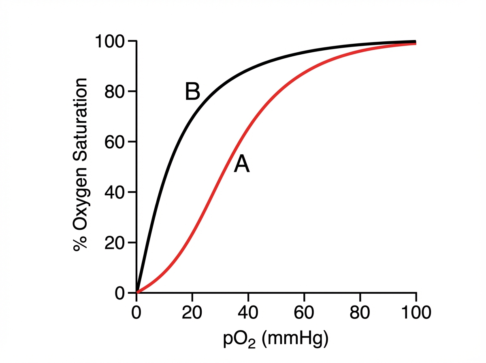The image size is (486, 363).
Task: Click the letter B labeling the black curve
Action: coord(192,92)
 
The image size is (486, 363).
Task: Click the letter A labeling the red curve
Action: coord(242,165)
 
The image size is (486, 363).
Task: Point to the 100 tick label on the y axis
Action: coord(110,41)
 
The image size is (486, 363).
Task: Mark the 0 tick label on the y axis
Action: coord(120,293)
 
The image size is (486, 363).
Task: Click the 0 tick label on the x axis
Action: coord(136,313)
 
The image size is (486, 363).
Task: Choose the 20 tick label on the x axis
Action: coord(192,313)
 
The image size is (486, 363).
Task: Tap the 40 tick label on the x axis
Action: coord(248,313)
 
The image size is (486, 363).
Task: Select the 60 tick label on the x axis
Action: coord(304,313)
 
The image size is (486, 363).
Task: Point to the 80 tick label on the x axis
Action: coord(360,313)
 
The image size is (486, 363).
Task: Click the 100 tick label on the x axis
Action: coord(416,313)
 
